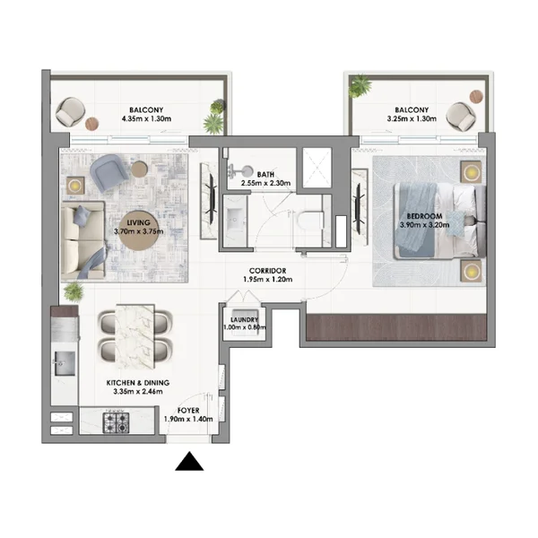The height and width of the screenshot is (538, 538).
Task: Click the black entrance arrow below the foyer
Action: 189,462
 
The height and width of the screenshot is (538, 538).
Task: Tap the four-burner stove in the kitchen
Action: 117,422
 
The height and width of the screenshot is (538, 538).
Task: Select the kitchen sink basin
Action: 65,363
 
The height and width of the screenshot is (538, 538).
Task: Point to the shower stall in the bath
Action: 317,168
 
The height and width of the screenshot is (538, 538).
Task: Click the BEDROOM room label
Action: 424,216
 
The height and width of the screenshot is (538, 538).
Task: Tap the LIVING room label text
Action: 139,222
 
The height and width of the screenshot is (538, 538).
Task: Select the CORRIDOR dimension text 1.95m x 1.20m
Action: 267,279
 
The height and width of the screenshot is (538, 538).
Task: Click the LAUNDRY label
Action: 244,320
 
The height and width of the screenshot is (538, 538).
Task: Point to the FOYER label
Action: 188,411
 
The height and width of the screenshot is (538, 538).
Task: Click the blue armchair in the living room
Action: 109,172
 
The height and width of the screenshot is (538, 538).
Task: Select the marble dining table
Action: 134,337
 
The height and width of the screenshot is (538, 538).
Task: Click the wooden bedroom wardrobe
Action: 396,327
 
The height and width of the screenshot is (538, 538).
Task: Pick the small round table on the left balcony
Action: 92,124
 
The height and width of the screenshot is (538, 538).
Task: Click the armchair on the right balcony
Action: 461,116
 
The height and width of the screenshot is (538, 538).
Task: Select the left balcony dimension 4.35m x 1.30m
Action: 146,119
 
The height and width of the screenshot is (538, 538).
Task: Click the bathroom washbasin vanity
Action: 235,221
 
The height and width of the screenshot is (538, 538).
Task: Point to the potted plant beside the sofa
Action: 74,292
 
